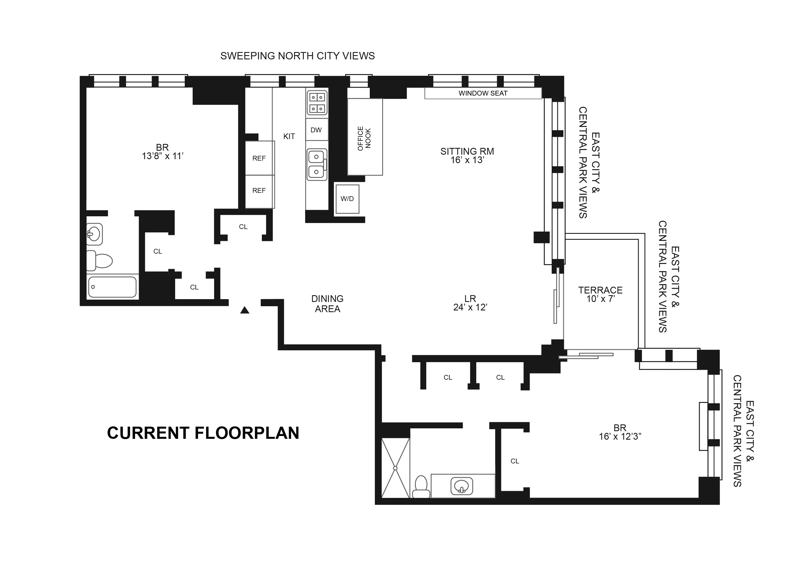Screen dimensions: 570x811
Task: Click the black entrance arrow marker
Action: tap(245, 310)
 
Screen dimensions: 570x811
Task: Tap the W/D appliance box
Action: tap(347, 199)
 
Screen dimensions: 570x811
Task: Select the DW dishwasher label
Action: tap(316, 130)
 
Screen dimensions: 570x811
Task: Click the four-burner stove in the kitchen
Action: tap(317, 103)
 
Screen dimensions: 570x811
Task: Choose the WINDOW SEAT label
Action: tap(483, 93)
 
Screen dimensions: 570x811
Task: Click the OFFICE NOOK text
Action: tap(364, 138)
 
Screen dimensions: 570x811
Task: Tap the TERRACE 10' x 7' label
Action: tap(601, 295)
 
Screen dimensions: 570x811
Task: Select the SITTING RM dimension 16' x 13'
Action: tap(467, 160)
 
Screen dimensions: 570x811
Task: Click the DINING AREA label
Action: tap(327, 304)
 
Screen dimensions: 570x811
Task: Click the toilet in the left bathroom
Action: tap(100, 261)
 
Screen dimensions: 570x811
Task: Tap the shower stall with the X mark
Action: tap(395, 468)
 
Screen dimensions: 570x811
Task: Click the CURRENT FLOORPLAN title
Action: tap(203, 433)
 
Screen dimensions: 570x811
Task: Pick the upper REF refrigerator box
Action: tap(259, 158)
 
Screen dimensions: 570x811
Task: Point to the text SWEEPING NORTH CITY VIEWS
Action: tap(297, 56)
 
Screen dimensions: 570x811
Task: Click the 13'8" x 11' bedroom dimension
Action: tap(162, 156)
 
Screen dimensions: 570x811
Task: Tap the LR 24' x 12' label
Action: tap(470, 303)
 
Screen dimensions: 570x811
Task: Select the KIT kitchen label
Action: tap(289, 137)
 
